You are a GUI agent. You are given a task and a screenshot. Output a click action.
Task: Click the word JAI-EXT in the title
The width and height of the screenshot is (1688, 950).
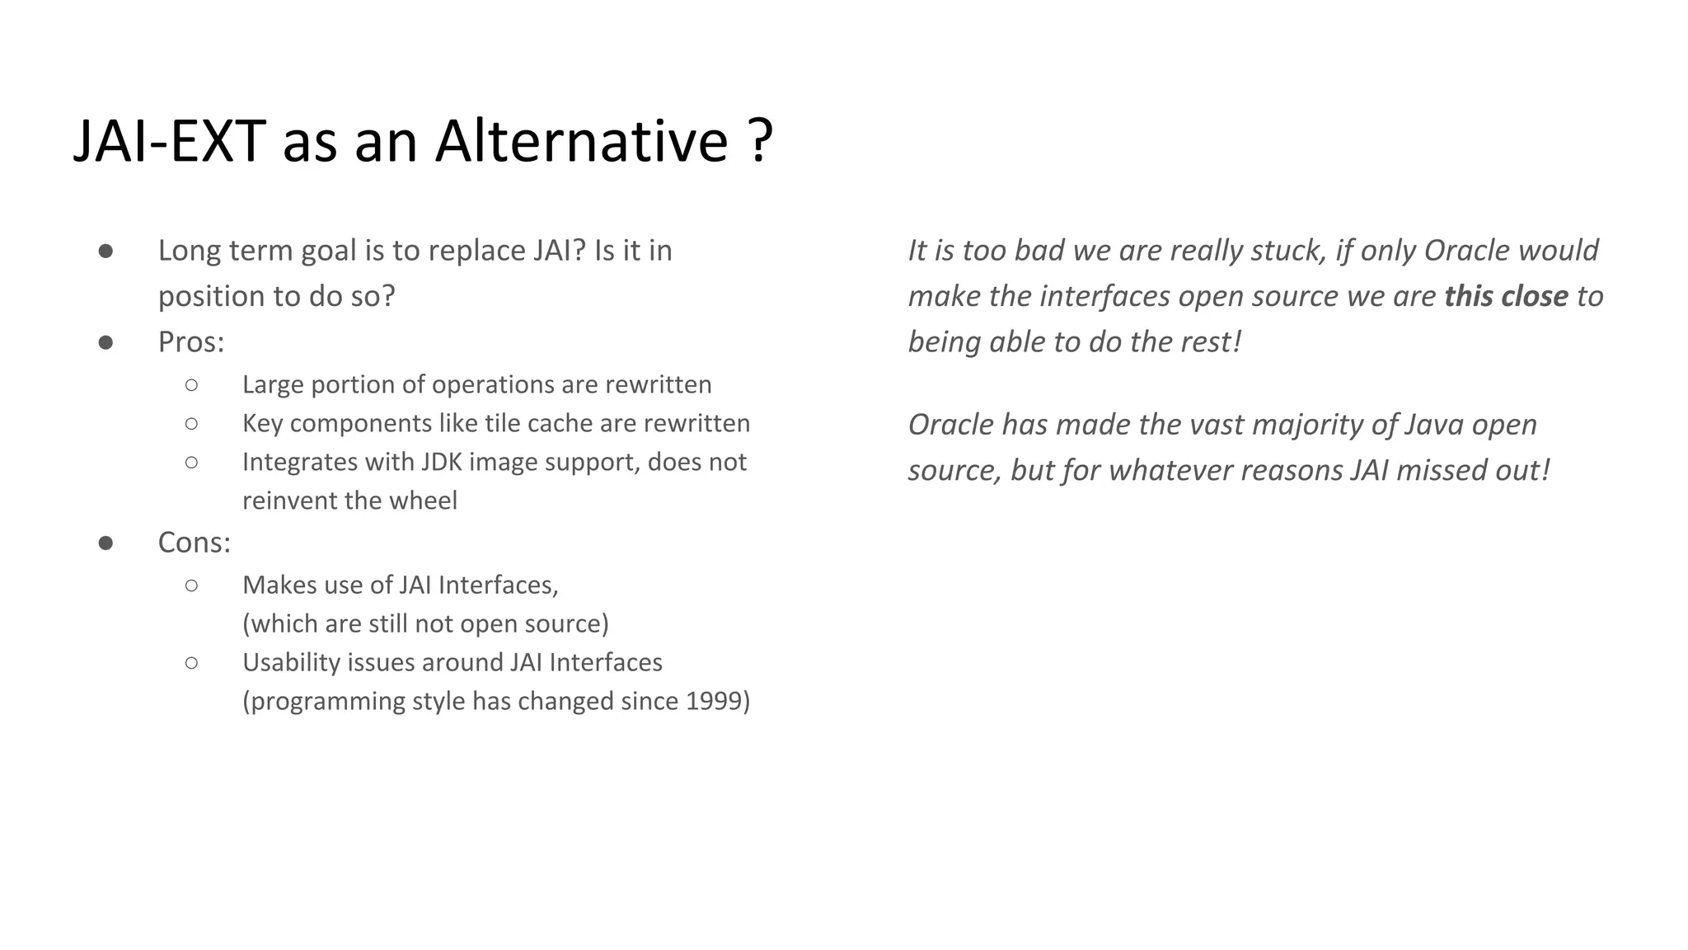pyautogui.click(x=169, y=141)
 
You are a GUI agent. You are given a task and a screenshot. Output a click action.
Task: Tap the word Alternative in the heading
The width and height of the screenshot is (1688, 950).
pyautogui.click(x=581, y=141)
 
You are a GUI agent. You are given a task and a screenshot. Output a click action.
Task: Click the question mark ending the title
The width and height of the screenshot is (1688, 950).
pyautogui.click(x=762, y=141)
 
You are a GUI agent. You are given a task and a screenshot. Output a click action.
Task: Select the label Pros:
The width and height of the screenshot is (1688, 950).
pyautogui.click(x=191, y=342)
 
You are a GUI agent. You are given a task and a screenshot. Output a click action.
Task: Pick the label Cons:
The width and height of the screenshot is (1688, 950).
pyautogui.click(x=195, y=543)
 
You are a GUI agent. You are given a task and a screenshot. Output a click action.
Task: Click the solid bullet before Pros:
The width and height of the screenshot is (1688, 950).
pyautogui.click(x=105, y=342)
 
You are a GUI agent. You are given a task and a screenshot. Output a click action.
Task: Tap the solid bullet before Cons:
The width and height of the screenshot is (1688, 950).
pyautogui.click(x=105, y=543)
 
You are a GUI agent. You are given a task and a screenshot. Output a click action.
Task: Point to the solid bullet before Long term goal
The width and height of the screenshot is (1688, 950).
pyautogui.click(x=105, y=251)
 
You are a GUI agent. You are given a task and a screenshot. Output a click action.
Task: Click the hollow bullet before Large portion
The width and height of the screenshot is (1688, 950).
pyautogui.click(x=191, y=385)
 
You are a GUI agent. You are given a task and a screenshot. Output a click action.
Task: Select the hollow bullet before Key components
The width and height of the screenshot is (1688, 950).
pyautogui.click(x=191, y=424)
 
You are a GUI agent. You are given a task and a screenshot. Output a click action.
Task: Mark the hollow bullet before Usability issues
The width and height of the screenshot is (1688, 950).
pyautogui.click(x=191, y=663)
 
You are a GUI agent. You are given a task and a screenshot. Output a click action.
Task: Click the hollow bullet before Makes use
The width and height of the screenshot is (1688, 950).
pyautogui.click(x=191, y=586)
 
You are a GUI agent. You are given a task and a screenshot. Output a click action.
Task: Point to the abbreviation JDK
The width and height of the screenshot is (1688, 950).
pyautogui.click(x=442, y=462)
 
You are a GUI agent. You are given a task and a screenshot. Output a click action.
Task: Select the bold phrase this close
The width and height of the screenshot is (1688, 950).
pyautogui.click(x=1506, y=297)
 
